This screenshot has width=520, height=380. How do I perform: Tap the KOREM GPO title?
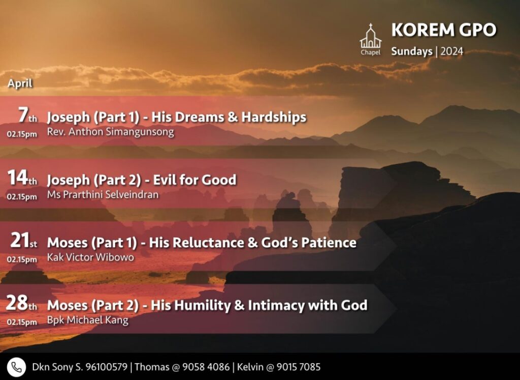click(x=443, y=30)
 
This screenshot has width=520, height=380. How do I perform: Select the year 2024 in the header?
click(x=451, y=51)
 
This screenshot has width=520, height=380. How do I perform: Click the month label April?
click(x=20, y=83)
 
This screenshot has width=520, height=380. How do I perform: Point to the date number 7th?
click(x=27, y=115)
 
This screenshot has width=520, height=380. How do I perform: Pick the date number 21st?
click(x=23, y=241)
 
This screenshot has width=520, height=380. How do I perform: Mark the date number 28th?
click(x=21, y=303)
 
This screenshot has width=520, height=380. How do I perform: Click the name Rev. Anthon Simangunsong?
click(x=110, y=132)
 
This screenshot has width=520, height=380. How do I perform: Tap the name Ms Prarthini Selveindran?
click(x=103, y=194)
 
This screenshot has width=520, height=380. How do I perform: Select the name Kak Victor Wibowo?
click(x=90, y=257)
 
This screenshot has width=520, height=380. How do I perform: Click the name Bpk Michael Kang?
click(x=87, y=320)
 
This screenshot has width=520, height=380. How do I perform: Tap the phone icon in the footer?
click(x=16, y=367)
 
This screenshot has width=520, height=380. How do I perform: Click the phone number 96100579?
click(x=107, y=367)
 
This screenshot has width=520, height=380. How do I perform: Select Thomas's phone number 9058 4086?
click(x=206, y=367)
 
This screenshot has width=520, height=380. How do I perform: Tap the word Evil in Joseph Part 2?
click(x=165, y=180)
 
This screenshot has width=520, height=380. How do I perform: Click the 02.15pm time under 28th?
click(x=22, y=322)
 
